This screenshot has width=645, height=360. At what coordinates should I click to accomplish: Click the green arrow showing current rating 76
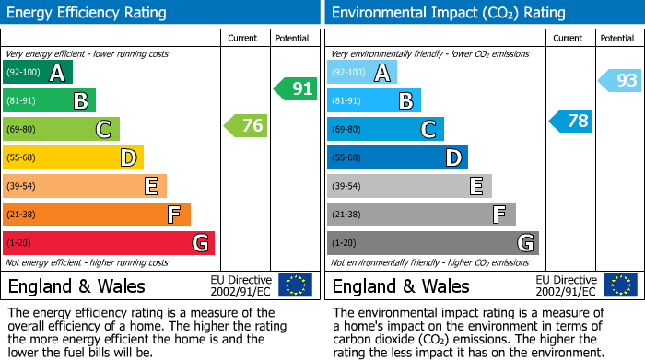coord(247,126)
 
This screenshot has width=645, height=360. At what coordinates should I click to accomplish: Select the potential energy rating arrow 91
coord(295,89)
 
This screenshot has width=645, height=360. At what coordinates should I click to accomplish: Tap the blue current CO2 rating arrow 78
coord(571,121)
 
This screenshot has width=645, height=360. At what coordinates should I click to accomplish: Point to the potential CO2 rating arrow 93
coord(620,81)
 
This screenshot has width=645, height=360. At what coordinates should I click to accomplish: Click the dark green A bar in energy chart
coord(37,73)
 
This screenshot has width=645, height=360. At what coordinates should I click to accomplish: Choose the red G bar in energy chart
coord(109,243)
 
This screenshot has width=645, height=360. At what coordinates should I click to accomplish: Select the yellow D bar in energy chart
coord(73,157)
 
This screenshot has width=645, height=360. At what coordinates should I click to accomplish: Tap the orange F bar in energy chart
coord(97,215)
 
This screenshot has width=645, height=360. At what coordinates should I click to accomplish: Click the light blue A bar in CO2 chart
coord(361,73)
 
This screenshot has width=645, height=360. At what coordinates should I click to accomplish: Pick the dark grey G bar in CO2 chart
coord(432,243)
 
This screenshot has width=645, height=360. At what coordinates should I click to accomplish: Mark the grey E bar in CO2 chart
coord(408,186)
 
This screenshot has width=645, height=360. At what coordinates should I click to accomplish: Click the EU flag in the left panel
coord(295,285)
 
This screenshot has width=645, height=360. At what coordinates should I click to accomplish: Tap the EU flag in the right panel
coord(619,285)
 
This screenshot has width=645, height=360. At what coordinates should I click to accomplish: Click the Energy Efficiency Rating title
coord(87,13)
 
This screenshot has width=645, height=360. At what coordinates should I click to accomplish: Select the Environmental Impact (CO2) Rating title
coord(448,13)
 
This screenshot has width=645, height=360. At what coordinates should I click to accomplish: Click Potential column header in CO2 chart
coord(616,38)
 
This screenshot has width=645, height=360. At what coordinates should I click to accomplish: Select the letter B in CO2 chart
coord(405,101)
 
